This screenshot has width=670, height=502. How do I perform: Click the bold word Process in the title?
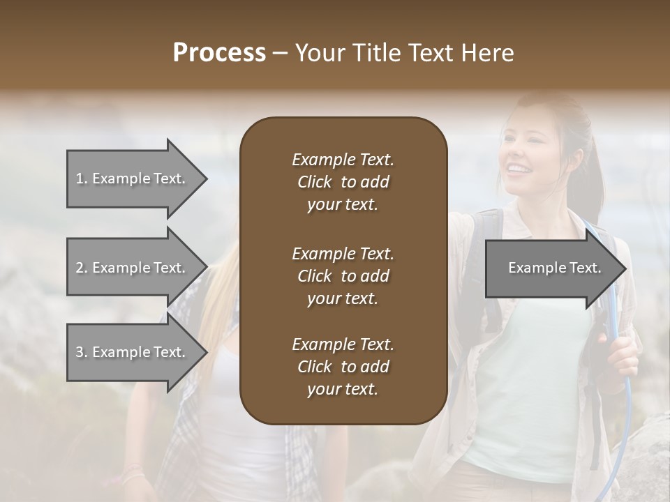tap(219, 53)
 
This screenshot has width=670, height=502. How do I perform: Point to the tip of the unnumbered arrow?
tap(625, 268)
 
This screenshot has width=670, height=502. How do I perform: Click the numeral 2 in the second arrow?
tap(80, 268)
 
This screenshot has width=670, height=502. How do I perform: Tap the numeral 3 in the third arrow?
tap(80, 352)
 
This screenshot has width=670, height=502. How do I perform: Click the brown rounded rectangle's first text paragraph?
tap(343, 182)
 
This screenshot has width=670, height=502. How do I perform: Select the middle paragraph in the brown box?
tap(343, 276)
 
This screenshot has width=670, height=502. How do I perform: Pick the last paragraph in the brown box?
tap(343, 367)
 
